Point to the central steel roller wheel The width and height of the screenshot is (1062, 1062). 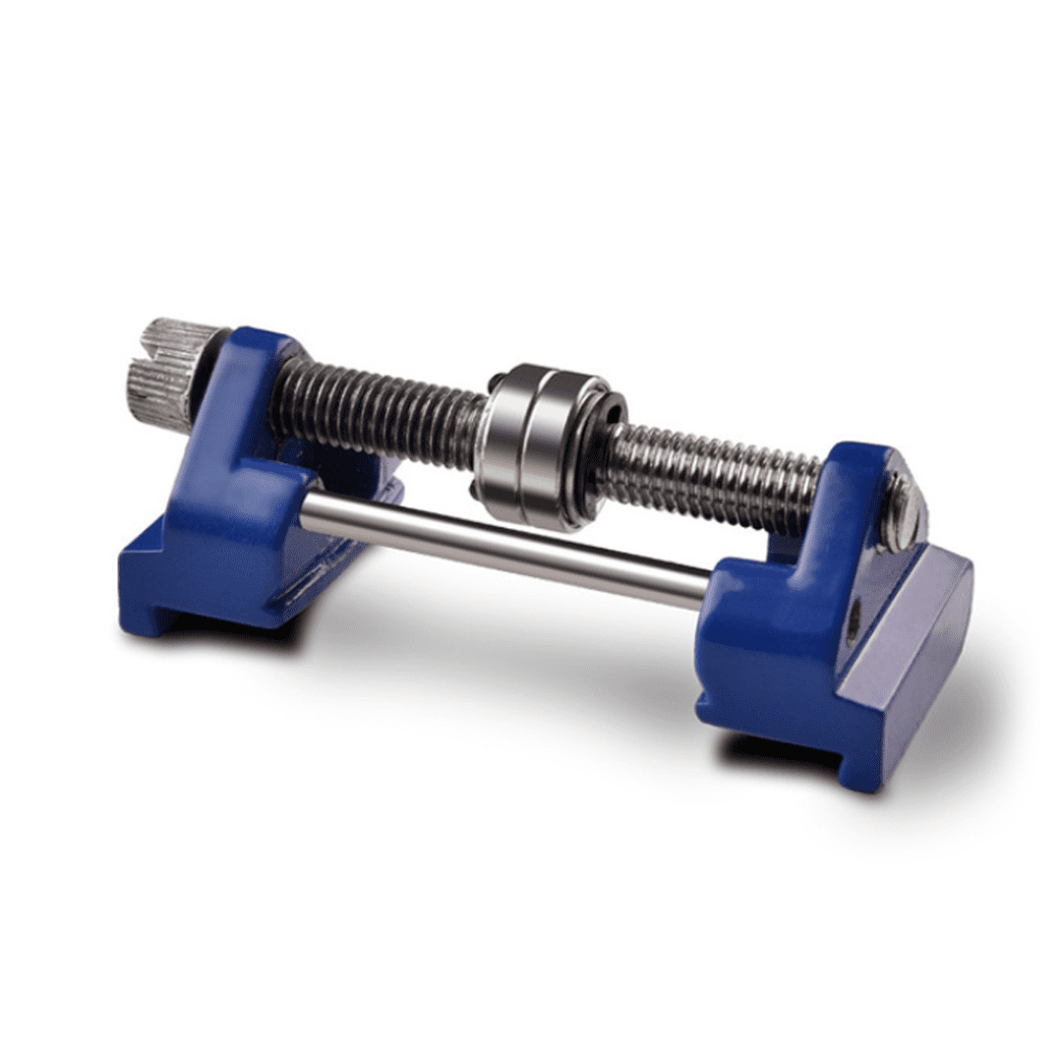point(536,447)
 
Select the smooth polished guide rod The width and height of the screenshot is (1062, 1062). point(501,546)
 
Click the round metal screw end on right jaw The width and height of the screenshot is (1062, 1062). point(902,511)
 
